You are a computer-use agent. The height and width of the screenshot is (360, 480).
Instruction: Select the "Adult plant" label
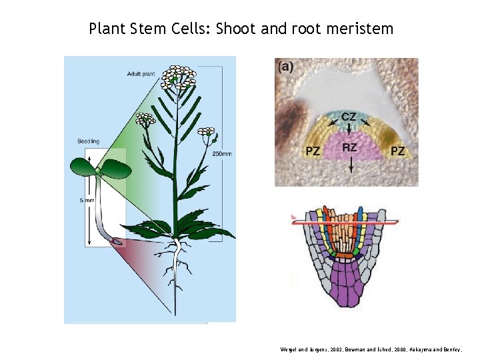coord(141,73)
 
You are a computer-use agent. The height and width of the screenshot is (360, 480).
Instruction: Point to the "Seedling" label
coord(88,141)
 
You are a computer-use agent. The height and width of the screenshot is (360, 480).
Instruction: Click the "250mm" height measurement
coord(223,154)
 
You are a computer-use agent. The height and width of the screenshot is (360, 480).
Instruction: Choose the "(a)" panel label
coord(285,66)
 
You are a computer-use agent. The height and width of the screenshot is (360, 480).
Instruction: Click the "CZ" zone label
coord(348,117)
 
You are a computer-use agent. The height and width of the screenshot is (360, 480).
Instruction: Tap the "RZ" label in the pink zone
coord(349,147)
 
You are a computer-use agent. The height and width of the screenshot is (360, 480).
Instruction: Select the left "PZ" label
coord(313,151)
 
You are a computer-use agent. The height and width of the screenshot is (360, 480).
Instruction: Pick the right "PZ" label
coord(397,151)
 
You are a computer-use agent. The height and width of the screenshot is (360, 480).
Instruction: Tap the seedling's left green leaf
coord(83,167)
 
